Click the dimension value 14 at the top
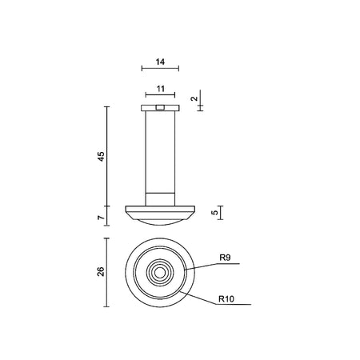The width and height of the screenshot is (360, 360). click(x=160, y=62)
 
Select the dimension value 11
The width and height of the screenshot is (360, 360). click(x=161, y=89)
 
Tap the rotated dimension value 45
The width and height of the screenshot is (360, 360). click(x=102, y=156)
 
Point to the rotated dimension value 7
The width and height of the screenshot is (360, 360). click(x=102, y=218)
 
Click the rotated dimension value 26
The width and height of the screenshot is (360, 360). click(x=102, y=271)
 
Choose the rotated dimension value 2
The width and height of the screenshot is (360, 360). click(x=195, y=98)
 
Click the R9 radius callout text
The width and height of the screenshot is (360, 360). click(x=225, y=258)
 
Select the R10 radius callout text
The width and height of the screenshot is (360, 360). click(x=226, y=299)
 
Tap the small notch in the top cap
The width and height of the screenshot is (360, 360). click(x=160, y=108)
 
